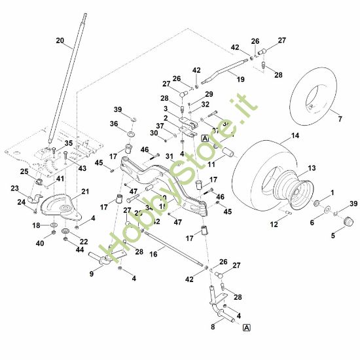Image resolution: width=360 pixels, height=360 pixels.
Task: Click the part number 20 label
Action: pyautogui.click(x=60, y=41)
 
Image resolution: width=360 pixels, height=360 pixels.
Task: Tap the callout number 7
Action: pyautogui.click(x=340, y=118)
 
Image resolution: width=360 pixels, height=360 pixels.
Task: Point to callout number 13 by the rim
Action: pyautogui.click(x=311, y=168)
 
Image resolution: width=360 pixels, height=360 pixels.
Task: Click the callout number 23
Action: pyautogui.click(x=14, y=188)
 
